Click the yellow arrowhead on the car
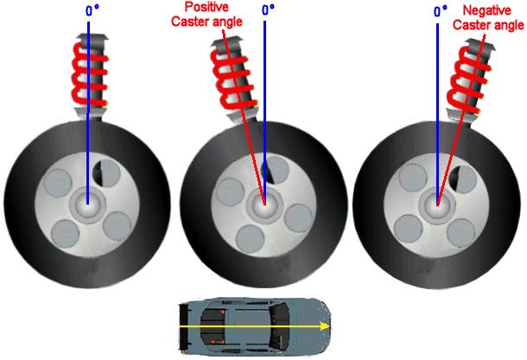324,326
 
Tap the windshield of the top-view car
278,326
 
